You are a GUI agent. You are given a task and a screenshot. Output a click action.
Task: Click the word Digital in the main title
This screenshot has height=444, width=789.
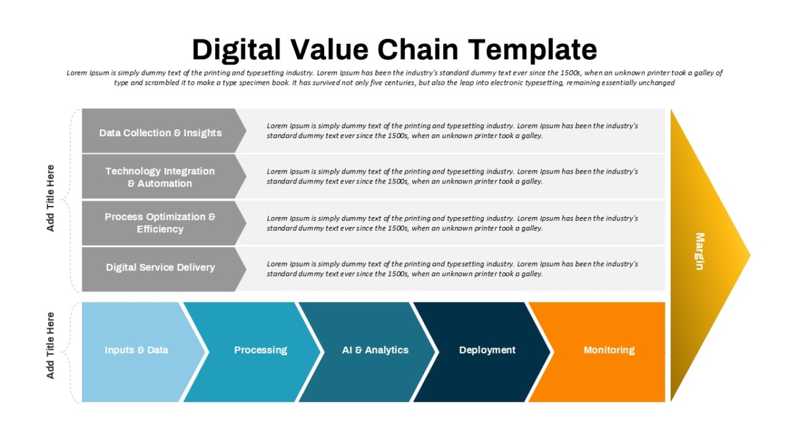(x=236, y=50)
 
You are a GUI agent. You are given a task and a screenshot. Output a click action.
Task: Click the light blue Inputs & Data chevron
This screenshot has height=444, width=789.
(x=141, y=352)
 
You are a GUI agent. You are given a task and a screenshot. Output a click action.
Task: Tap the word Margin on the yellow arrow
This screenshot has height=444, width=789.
(x=700, y=251)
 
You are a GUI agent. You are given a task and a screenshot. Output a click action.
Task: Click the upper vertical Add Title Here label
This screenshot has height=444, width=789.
(x=51, y=198)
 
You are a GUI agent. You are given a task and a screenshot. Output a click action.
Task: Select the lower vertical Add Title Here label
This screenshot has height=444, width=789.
(x=51, y=345)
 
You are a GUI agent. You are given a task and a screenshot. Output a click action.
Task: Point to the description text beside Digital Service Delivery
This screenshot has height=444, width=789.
(x=452, y=269)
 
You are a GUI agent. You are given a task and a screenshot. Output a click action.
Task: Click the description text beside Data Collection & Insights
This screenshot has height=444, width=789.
(x=452, y=131)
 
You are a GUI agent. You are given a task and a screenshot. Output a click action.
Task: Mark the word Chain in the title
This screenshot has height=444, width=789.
(x=418, y=50)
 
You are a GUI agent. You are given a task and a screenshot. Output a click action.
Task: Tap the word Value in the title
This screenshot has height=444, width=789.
(x=329, y=50)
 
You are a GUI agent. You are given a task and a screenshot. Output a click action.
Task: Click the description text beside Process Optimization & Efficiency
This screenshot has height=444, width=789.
(x=452, y=224)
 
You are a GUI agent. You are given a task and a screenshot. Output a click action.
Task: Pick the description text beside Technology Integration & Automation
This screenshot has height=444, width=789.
(x=452, y=176)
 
